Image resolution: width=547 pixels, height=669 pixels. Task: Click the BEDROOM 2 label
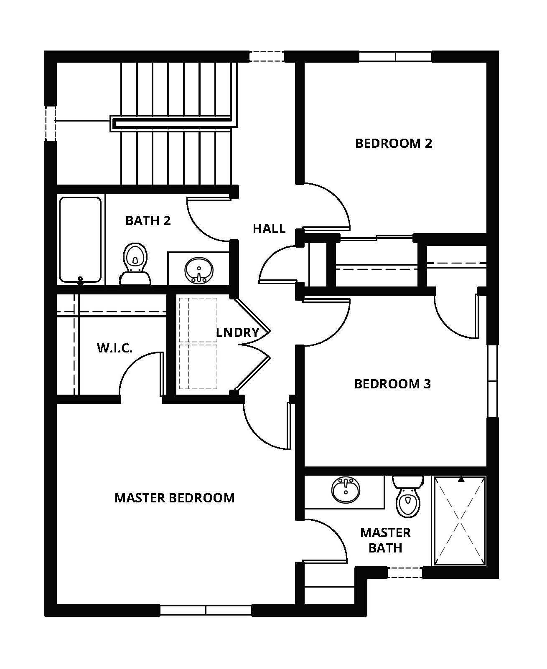click(x=393, y=143)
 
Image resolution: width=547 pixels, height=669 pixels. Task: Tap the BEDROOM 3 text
click(x=392, y=383)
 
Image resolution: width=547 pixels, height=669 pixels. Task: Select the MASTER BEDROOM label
click(x=174, y=497)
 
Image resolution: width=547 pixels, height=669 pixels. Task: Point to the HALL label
click(x=269, y=228)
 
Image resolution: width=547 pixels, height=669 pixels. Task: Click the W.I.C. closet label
click(x=114, y=347)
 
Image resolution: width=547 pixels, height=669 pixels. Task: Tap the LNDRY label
click(x=237, y=332)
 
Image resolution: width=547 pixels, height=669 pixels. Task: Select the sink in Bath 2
click(x=198, y=269)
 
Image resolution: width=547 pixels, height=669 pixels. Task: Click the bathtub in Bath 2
click(x=80, y=239)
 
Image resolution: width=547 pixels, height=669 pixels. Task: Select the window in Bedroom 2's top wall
click(x=395, y=56)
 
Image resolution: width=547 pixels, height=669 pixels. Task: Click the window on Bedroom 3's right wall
click(x=493, y=380)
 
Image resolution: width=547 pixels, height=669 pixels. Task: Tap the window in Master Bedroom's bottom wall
click(x=206, y=610)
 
